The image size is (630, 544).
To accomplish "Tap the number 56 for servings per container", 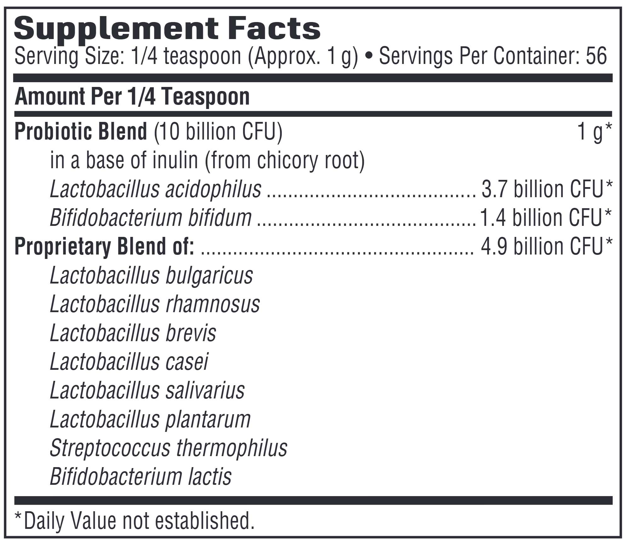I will click(x=596, y=56).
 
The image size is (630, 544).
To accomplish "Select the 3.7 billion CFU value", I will click(x=547, y=189).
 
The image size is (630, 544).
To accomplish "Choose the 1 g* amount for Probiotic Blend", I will click(x=594, y=132).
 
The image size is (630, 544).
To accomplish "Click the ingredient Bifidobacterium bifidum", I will click(x=151, y=218).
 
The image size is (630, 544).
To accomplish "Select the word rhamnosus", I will click(x=213, y=304).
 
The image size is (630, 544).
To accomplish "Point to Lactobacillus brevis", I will click(x=133, y=333).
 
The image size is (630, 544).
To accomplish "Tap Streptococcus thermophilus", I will click(x=169, y=448).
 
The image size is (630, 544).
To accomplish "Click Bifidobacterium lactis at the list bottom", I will click(x=141, y=476).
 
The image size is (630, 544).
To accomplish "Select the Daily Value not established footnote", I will click(x=135, y=520).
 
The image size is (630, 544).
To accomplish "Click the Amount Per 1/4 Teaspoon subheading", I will click(x=132, y=97).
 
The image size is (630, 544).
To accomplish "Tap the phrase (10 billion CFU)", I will click(x=218, y=132).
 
